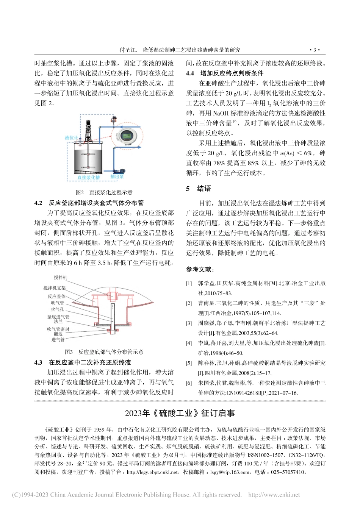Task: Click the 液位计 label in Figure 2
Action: coord(71,138)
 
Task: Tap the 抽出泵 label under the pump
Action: coord(117,176)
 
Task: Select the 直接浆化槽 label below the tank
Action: coord(89,177)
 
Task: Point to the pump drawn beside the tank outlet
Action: coord(122,170)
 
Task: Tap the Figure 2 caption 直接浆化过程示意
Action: coord(104,192)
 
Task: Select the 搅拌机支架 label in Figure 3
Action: coord(54,288)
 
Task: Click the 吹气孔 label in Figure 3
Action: coord(57,309)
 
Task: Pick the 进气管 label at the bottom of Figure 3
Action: coord(58,340)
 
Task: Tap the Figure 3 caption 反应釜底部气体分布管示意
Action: coord(104,352)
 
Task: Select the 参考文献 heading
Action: coord(200,269)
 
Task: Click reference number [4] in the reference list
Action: coord(189,343)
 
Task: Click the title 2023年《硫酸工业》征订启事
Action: coord(180,413)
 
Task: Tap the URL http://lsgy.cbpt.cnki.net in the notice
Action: coord(152,472)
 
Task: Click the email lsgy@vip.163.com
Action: coord(230,472)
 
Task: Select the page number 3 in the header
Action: coord(315,50)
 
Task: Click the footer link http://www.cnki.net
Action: coord(274,495)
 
